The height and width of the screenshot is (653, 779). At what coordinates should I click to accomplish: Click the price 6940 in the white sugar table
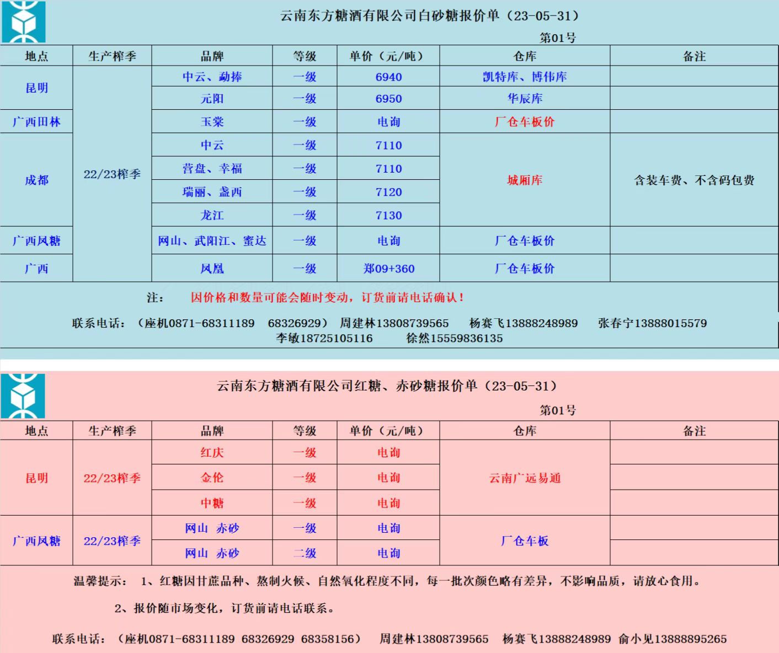(388, 77)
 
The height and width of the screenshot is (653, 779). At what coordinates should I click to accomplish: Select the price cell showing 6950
(388, 99)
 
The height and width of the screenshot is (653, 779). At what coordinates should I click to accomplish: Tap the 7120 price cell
(388, 192)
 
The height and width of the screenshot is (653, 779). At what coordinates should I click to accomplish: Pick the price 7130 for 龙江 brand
(388, 216)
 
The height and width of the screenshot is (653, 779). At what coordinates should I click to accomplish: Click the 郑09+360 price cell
(388, 269)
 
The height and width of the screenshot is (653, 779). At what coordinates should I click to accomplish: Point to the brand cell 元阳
(212, 99)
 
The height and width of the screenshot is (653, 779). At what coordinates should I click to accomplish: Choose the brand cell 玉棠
(212, 122)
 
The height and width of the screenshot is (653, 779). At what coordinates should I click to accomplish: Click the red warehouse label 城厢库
(525, 180)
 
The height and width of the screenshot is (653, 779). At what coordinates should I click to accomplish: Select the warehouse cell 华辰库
(525, 99)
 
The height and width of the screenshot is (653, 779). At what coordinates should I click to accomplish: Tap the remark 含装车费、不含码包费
(694, 180)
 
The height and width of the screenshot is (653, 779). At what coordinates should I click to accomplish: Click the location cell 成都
(36, 180)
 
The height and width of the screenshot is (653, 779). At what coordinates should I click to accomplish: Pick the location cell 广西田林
(36, 122)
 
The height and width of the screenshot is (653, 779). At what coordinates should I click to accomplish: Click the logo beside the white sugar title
(23, 22)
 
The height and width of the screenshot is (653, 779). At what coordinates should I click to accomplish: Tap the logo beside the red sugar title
(23, 395)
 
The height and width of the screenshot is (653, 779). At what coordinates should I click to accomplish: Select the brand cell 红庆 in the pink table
(212, 453)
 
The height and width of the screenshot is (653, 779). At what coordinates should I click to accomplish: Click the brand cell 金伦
(212, 478)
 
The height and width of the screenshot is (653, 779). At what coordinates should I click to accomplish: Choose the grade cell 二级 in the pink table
(305, 553)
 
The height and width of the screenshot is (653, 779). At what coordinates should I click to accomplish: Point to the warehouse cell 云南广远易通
(525, 478)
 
